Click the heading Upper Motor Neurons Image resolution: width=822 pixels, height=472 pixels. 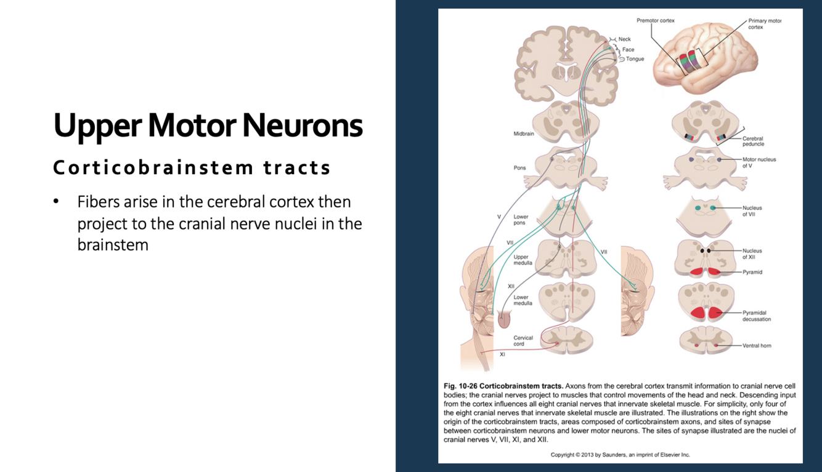tap(208, 126)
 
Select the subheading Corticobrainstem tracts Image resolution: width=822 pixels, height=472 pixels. tap(192, 167)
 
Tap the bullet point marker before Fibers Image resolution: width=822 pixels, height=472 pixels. tap(56, 202)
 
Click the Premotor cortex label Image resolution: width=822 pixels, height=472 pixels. tap(655, 20)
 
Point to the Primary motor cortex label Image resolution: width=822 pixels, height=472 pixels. tap(764, 24)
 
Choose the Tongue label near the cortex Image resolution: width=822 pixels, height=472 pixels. tap(635, 59)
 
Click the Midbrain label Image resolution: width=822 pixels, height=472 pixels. tap(524, 134)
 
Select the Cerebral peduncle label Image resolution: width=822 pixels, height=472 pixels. tap(753, 142)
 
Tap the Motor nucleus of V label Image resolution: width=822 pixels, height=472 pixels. tap(759, 162)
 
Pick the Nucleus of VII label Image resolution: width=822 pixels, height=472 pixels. tap(752, 211)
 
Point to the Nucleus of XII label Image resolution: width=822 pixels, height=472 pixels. tap(752, 254)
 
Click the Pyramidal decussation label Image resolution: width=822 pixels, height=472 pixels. tap(756, 316)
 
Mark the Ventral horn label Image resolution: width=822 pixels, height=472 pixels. tap(757, 346)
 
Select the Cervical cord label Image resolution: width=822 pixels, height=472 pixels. tap(523, 341)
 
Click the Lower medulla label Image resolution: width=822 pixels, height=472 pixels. tap(521, 300)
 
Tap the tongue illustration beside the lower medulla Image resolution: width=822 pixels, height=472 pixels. tap(504, 319)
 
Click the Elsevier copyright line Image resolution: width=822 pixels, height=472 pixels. tap(620, 455)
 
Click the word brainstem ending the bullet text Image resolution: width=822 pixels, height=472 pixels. tap(113, 245)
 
